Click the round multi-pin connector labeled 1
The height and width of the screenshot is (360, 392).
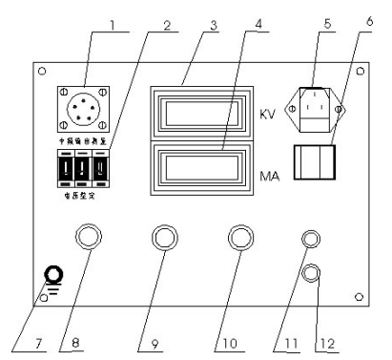[84, 115]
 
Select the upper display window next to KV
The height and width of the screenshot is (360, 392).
[196, 114]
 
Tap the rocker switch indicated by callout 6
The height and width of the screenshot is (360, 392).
[314, 164]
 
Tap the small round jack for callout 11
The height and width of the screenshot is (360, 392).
[311, 241]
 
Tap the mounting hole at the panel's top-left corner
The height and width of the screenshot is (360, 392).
[40, 72]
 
